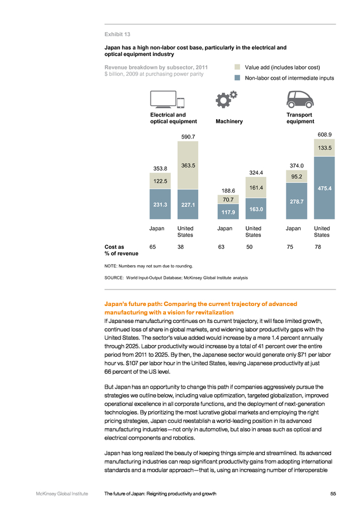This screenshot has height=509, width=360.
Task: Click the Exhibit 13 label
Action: [117, 34]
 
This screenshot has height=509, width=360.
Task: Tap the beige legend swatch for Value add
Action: [237, 67]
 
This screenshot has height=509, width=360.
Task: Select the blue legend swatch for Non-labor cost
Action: [237, 78]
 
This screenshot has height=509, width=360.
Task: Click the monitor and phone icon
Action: [168, 100]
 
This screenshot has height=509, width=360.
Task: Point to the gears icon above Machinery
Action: [226, 99]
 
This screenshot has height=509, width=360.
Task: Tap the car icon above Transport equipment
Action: [300, 99]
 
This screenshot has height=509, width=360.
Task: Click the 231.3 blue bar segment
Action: [160, 204]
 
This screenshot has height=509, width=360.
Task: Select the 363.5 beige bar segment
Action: [188, 165]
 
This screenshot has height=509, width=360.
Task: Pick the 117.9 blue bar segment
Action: [228, 212]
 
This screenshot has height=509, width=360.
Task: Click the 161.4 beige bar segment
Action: [256, 187]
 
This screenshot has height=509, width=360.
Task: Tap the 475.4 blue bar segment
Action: [324, 188]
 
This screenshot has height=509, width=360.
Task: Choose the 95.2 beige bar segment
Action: [297, 176]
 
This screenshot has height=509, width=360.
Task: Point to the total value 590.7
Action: [188, 137]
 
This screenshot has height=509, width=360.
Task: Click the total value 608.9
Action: [324, 135]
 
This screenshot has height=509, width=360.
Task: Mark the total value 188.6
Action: [229, 191]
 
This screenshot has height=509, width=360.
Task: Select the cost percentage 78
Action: [318, 247]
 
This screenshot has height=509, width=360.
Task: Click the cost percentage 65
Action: [153, 247]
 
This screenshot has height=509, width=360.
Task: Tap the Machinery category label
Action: [229, 122]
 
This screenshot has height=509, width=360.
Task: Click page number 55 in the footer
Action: [333, 493]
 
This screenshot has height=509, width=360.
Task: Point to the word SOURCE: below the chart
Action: [114, 278]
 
